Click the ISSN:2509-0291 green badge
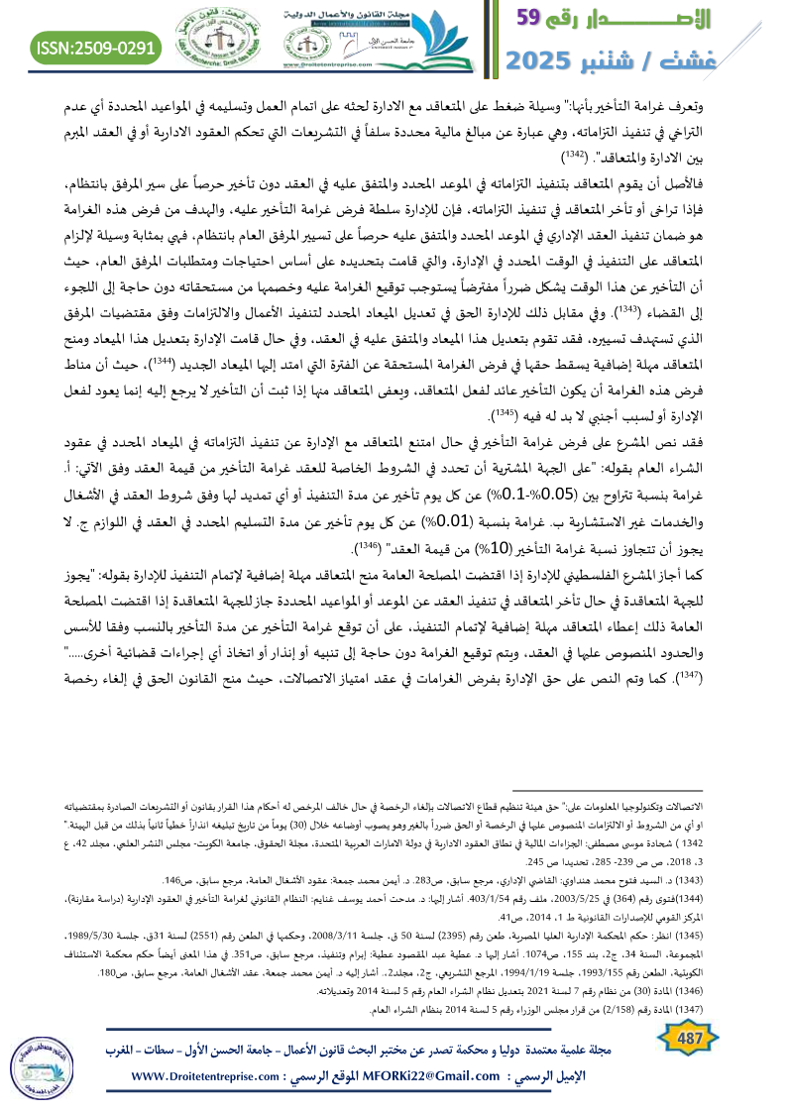[x=95, y=47]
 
